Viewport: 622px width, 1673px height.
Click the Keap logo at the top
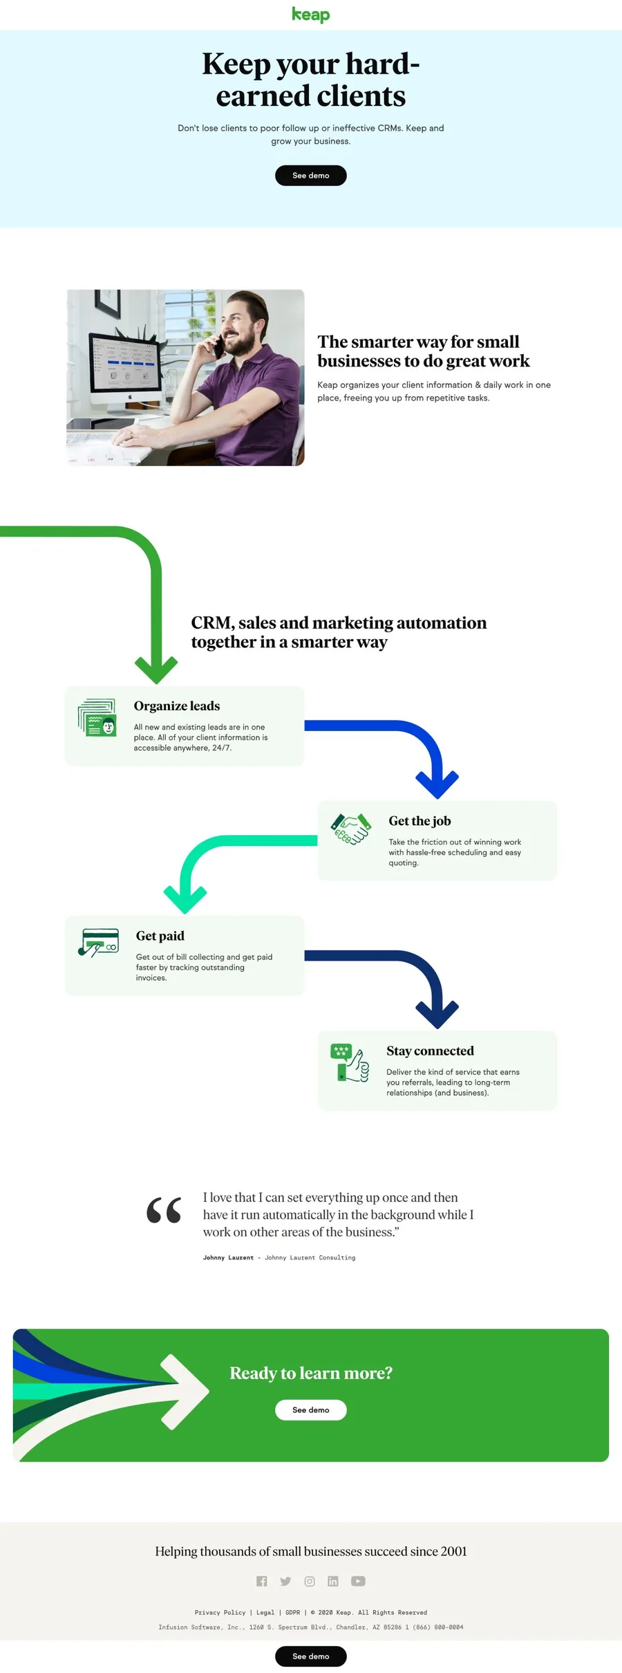click(x=310, y=15)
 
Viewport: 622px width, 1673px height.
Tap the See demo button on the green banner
click(x=310, y=1409)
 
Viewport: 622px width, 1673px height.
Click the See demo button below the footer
click(x=310, y=1656)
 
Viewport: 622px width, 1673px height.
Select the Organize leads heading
click(x=177, y=706)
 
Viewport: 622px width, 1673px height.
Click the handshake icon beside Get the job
click(x=351, y=829)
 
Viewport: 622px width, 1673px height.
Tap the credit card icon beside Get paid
click(x=98, y=942)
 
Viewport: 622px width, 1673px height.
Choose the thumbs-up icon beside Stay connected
click(x=350, y=1062)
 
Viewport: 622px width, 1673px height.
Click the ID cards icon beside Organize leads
click(x=97, y=718)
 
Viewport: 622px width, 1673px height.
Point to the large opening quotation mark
click(x=164, y=1210)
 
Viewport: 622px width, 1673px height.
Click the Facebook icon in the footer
click(x=261, y=1581)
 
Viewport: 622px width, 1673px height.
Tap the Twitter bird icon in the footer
click(x=285, y=1581)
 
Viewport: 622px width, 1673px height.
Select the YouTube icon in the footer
click(x=358, y=1581)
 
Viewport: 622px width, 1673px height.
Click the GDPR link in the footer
click(x=293, y=1612)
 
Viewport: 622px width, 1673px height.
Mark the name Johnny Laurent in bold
click(x=228, y=1257)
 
